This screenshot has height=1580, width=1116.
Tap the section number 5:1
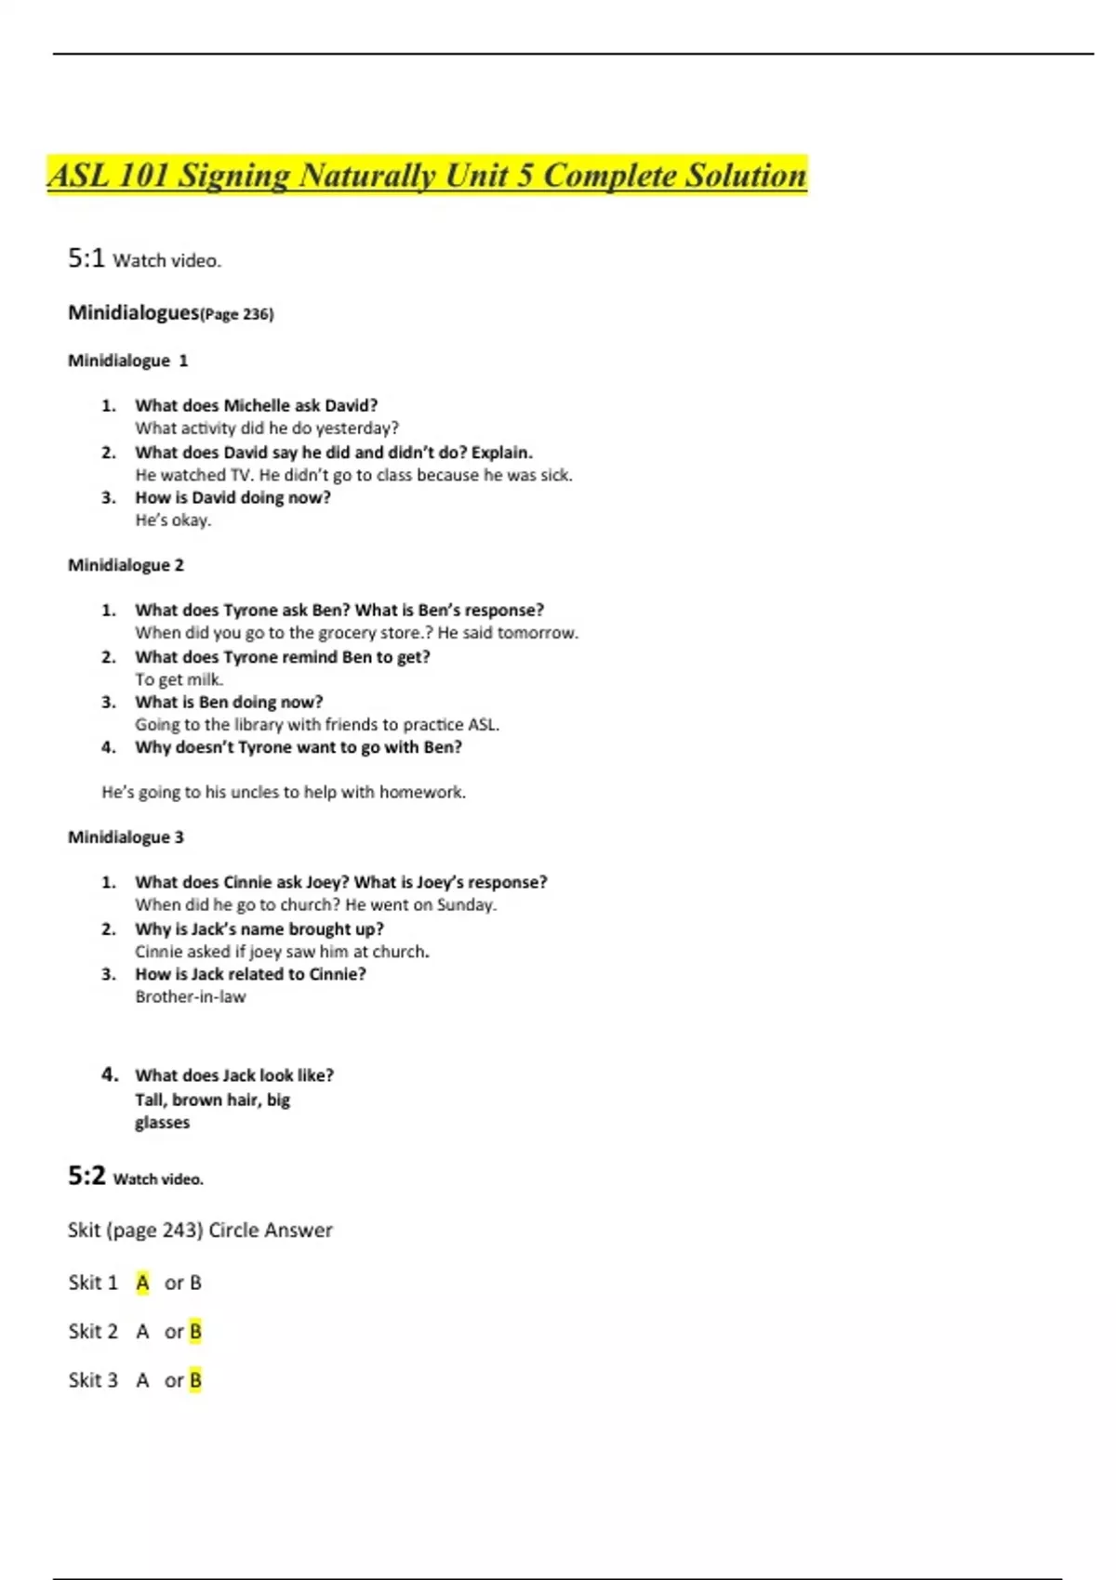(86, 258)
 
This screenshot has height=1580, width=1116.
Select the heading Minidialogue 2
(126, 565)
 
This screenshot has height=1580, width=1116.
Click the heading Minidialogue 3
(126, 837)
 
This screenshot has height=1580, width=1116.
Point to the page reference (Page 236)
(237, 314)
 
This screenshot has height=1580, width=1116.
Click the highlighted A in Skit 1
(142, 1283)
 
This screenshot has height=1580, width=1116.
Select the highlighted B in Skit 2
(195, 1332)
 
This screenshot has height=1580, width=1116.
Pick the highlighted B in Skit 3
(195, 1380)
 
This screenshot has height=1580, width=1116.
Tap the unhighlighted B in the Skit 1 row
(195, 1283)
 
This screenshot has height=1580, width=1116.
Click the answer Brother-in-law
(191, 997)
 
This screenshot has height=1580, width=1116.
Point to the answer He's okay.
(173, 520)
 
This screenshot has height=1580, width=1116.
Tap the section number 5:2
(86, 1176)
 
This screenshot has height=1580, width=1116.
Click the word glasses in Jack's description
(162, 1123)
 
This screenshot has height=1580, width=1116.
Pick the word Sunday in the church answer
(465, 905)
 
